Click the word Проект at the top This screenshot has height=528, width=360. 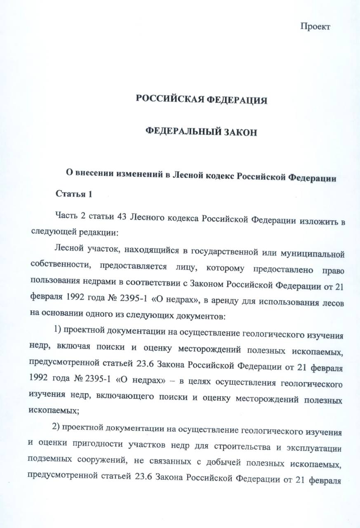coord(315,27)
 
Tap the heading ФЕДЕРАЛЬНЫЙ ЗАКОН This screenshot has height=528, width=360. coord(202,132)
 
